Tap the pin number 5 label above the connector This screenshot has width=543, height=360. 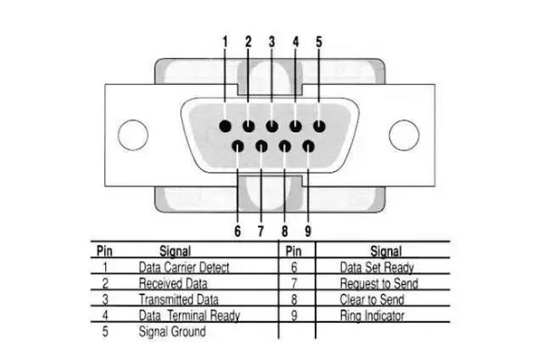tap(319, 42)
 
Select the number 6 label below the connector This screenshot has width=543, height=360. tap(237, 231)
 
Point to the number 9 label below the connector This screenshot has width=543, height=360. tap(309, 231)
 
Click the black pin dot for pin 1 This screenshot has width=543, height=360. tap(224, 125)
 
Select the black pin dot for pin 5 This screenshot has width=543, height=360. tap(319, 125)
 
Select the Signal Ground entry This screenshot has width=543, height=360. tap(172, 332)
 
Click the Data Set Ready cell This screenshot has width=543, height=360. tap(376, 267)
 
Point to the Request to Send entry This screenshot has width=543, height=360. tap(379, 283)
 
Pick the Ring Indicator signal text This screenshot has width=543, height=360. tap(372, 316)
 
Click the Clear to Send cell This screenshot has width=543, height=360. tap(372, 299)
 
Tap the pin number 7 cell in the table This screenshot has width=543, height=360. tap(294, 283)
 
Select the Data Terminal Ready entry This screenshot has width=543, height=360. tap(189, 316)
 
